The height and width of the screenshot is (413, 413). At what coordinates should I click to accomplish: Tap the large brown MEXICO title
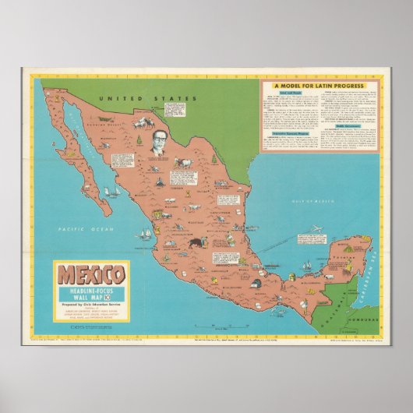pyautogui.click(x=86, y=275)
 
